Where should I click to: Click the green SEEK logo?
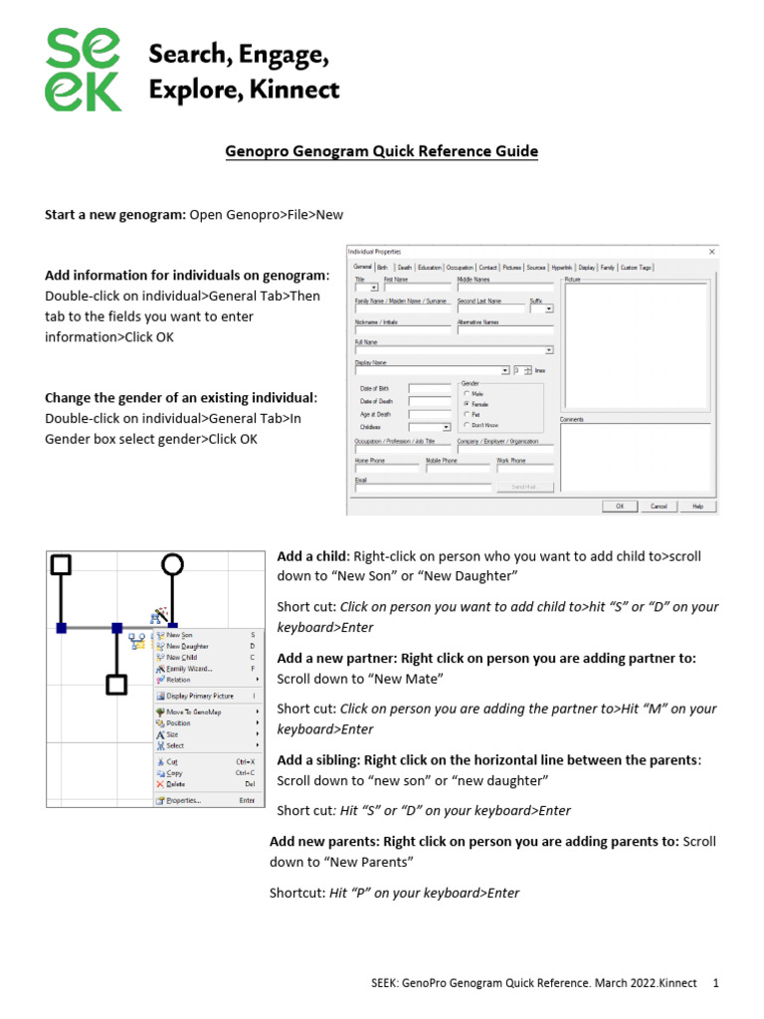[85, 70]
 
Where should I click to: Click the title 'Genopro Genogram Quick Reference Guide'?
[381, 151]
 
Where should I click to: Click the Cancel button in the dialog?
[659, 506]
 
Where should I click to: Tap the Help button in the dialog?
[697, 506]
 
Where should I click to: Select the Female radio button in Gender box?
[468, 403]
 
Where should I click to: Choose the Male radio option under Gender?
[468, 393]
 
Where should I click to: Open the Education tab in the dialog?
[430, 268]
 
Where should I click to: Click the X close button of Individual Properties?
[711, 253]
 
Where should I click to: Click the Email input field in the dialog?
[423, 488]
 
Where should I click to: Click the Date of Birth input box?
[430, 388]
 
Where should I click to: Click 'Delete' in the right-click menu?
[175, 783]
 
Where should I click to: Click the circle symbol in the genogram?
[172, 565]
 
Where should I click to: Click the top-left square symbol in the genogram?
[61, 565]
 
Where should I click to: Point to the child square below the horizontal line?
[116, 685]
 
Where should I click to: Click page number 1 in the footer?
[715, 983]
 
